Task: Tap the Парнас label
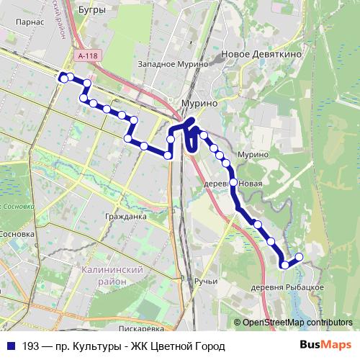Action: tap(30, 22)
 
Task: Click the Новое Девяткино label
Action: tap(261, 55)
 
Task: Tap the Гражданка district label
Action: tap(125, 216)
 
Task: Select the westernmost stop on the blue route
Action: tap(63, 77)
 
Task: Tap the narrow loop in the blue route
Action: tap(192, 140)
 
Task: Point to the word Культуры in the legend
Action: tap(90, 346)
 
